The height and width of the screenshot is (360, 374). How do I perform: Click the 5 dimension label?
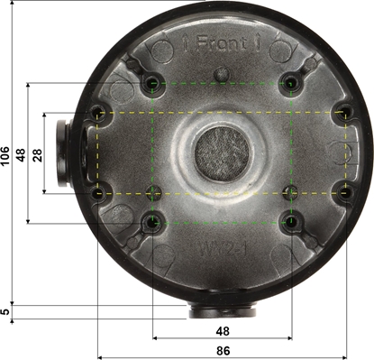6,311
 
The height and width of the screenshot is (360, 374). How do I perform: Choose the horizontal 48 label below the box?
223,330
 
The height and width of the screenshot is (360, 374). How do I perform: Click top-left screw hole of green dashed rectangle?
153,84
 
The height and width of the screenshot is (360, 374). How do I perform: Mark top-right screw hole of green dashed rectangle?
291,84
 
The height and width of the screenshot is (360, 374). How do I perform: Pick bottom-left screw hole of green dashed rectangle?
153,221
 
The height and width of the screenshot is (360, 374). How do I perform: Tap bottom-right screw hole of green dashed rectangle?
291,221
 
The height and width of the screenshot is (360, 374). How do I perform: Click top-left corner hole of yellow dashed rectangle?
97,113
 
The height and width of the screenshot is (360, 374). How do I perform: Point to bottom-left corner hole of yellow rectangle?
97,191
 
